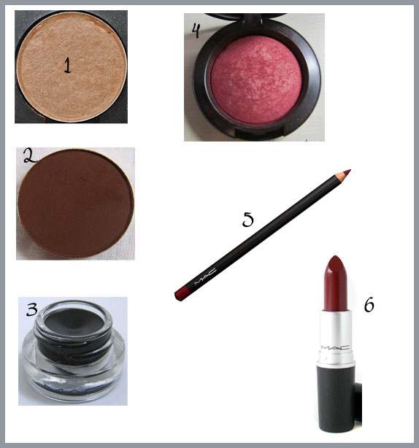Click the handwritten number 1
tap(67, 66)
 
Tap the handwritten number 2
tap(29, 156)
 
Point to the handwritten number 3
tap(32, 309)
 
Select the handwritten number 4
tap(196, 31)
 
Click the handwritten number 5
tap(247, 220)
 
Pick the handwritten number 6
tap(369, 304)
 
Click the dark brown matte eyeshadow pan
tap(76, 203)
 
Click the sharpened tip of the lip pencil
tap(347, 172)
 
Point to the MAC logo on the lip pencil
tap(205, 277)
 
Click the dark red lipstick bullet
tap(336, 283)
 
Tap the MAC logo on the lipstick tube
tap(335, 347)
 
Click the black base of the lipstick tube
tap(336, 398)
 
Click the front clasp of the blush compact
tap(259, 133)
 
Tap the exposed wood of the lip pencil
tap(339, 177)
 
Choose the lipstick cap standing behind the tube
tap(358, 405)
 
